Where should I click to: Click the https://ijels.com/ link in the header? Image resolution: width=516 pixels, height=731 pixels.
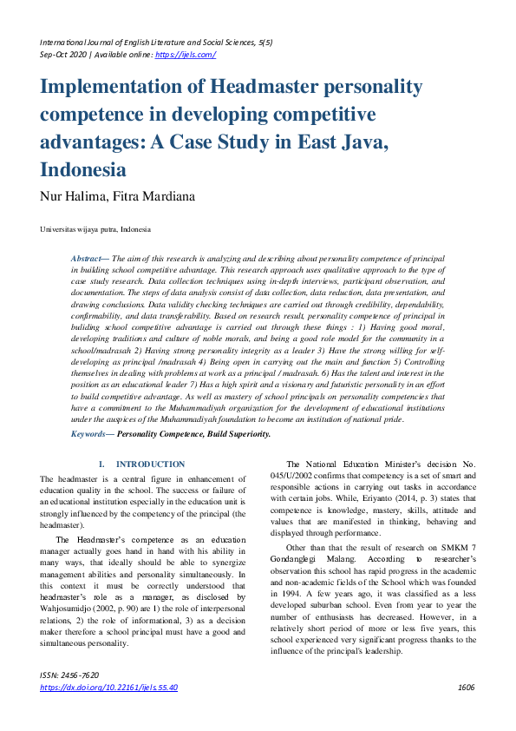[x=185, y=54]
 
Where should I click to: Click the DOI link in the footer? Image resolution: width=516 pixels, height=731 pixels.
[x=108, y=687]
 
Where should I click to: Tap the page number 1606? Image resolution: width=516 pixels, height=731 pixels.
[x=466, y=687]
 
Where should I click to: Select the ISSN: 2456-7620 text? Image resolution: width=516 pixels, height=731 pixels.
[x=69, y=675]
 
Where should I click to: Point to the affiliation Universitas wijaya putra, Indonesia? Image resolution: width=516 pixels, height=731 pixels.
[x=95, y=229]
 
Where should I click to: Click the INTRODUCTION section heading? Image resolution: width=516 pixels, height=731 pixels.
[x=150, y=464]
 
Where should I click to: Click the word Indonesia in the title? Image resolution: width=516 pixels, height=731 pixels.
[x=82, y=168]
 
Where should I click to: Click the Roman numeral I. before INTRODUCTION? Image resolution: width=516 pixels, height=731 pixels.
[x=102, y=464]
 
